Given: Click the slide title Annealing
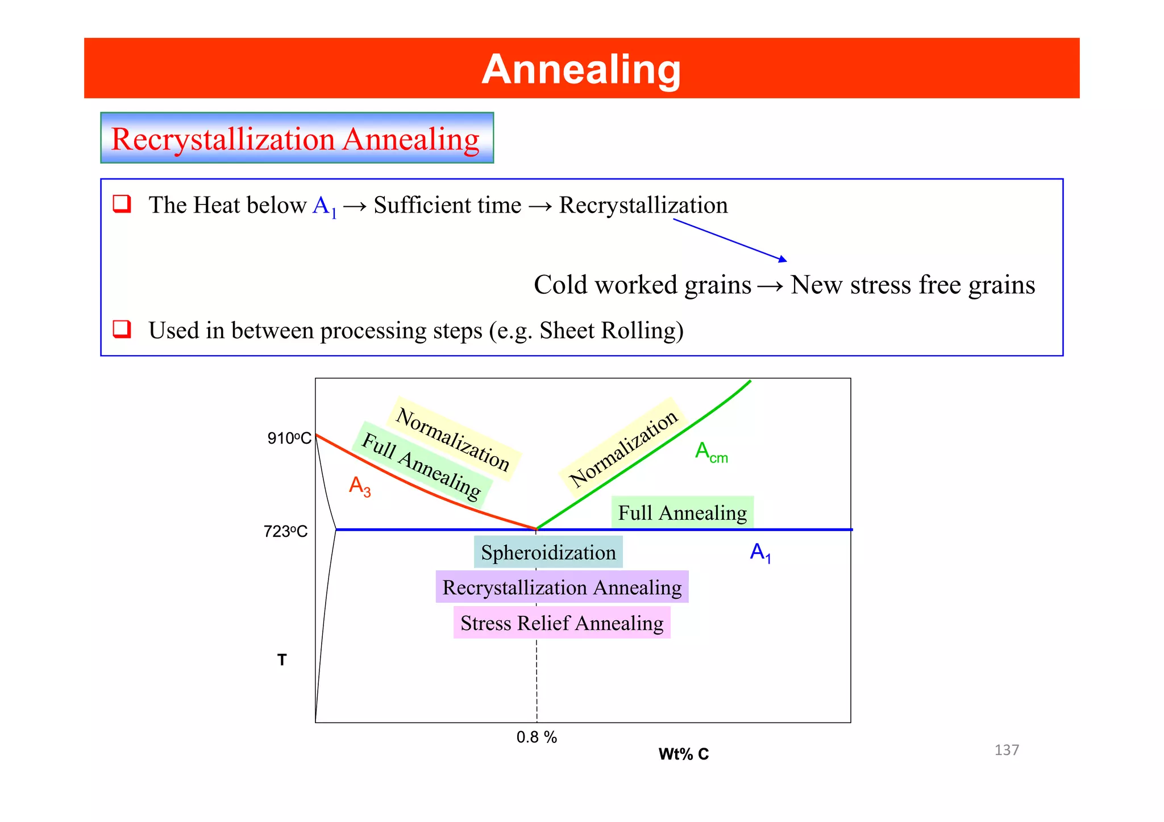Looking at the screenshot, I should click(x=581, y=69).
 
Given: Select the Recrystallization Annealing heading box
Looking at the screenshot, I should click(x=297, y=138).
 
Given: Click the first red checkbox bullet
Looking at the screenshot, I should click(x=122, y=203).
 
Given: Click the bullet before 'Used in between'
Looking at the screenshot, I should click(x=122, y=329).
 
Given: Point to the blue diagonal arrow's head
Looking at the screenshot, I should click(x=784, y=260).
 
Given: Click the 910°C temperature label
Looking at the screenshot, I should click(x=289, y=438).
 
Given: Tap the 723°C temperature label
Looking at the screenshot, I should click(x=285, y=531).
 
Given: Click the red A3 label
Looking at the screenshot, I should click(x=359, y=486).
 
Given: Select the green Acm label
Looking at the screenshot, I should click(x=710, y=452).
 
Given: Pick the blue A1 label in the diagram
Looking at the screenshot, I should click(x=760, y=552).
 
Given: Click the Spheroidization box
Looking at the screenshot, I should click(x=548, y=552).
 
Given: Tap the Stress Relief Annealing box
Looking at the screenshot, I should click(x=562, y=623).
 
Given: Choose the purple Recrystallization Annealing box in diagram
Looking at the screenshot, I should click(x=562, y=587).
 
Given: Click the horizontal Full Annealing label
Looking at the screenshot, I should click(x=682, y=512).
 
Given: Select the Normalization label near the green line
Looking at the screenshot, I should click(x=623, y=448).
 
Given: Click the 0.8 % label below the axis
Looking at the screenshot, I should click(x=536, y=737).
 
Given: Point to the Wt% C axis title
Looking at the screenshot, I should click(x=683, y=754).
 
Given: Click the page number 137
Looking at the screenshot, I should click(x=1006, y=750).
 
